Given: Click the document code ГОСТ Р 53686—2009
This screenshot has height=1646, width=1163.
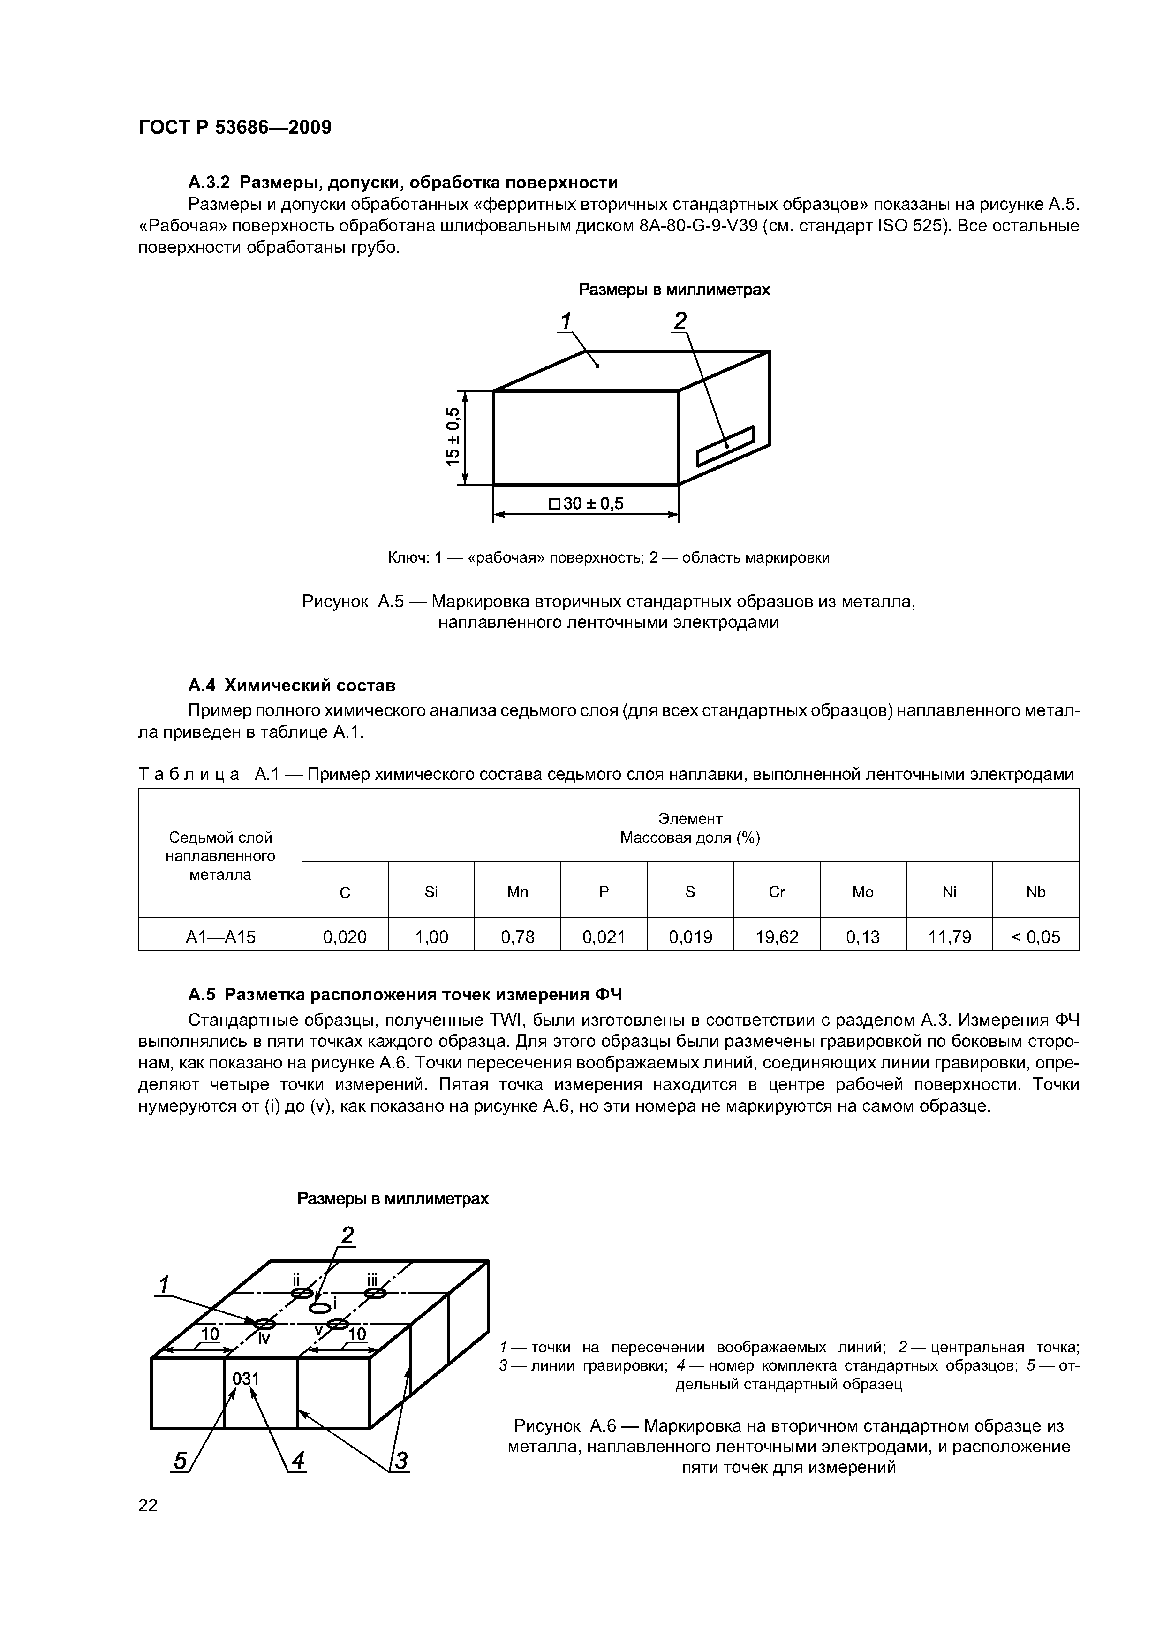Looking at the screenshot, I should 234,128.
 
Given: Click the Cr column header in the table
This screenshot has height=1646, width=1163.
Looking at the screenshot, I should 776,892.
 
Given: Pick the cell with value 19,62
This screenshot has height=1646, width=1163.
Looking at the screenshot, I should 776,937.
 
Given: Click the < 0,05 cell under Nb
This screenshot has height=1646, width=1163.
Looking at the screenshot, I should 1035,937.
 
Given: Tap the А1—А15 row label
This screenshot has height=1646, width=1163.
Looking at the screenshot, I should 220,937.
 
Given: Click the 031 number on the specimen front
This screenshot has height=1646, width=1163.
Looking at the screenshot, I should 246,1379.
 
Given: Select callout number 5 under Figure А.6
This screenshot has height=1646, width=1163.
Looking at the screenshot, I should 181,1460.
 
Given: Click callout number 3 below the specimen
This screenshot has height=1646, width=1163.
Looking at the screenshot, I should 401,1460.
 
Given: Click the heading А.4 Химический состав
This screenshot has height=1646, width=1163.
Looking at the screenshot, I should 292,686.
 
